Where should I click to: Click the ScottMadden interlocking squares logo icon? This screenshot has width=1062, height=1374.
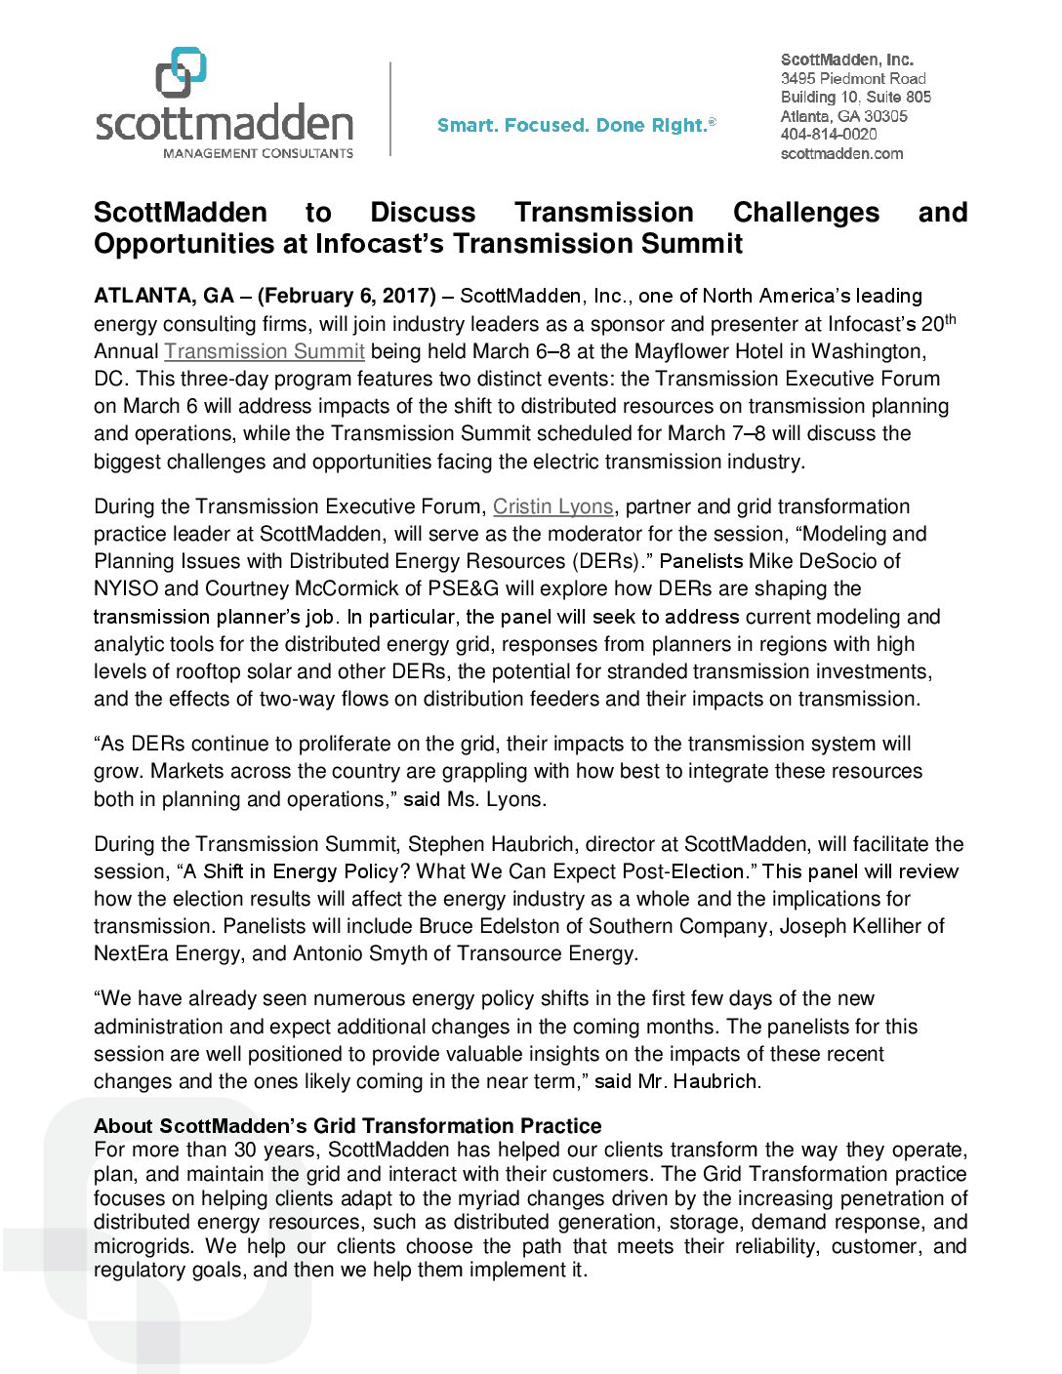pos(182,72)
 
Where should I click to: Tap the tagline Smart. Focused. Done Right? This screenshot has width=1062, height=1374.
pos(576,125)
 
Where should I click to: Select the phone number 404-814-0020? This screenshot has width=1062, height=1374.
pos(829,135)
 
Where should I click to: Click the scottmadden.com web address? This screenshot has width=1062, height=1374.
pos(841,153)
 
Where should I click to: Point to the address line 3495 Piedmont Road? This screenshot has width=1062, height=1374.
pos(853,78)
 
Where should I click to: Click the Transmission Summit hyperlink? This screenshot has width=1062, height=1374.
pos(265,351)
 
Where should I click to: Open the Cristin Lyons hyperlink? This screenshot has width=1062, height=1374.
pos(552,506)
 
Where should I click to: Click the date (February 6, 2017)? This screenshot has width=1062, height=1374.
pos(347,296)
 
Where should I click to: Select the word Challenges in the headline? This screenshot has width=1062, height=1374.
pos(805,213)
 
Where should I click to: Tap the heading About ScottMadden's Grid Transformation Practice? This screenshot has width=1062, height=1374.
pos(347,1126)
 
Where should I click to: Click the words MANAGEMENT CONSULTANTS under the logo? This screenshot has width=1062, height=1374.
pos(258,153)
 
